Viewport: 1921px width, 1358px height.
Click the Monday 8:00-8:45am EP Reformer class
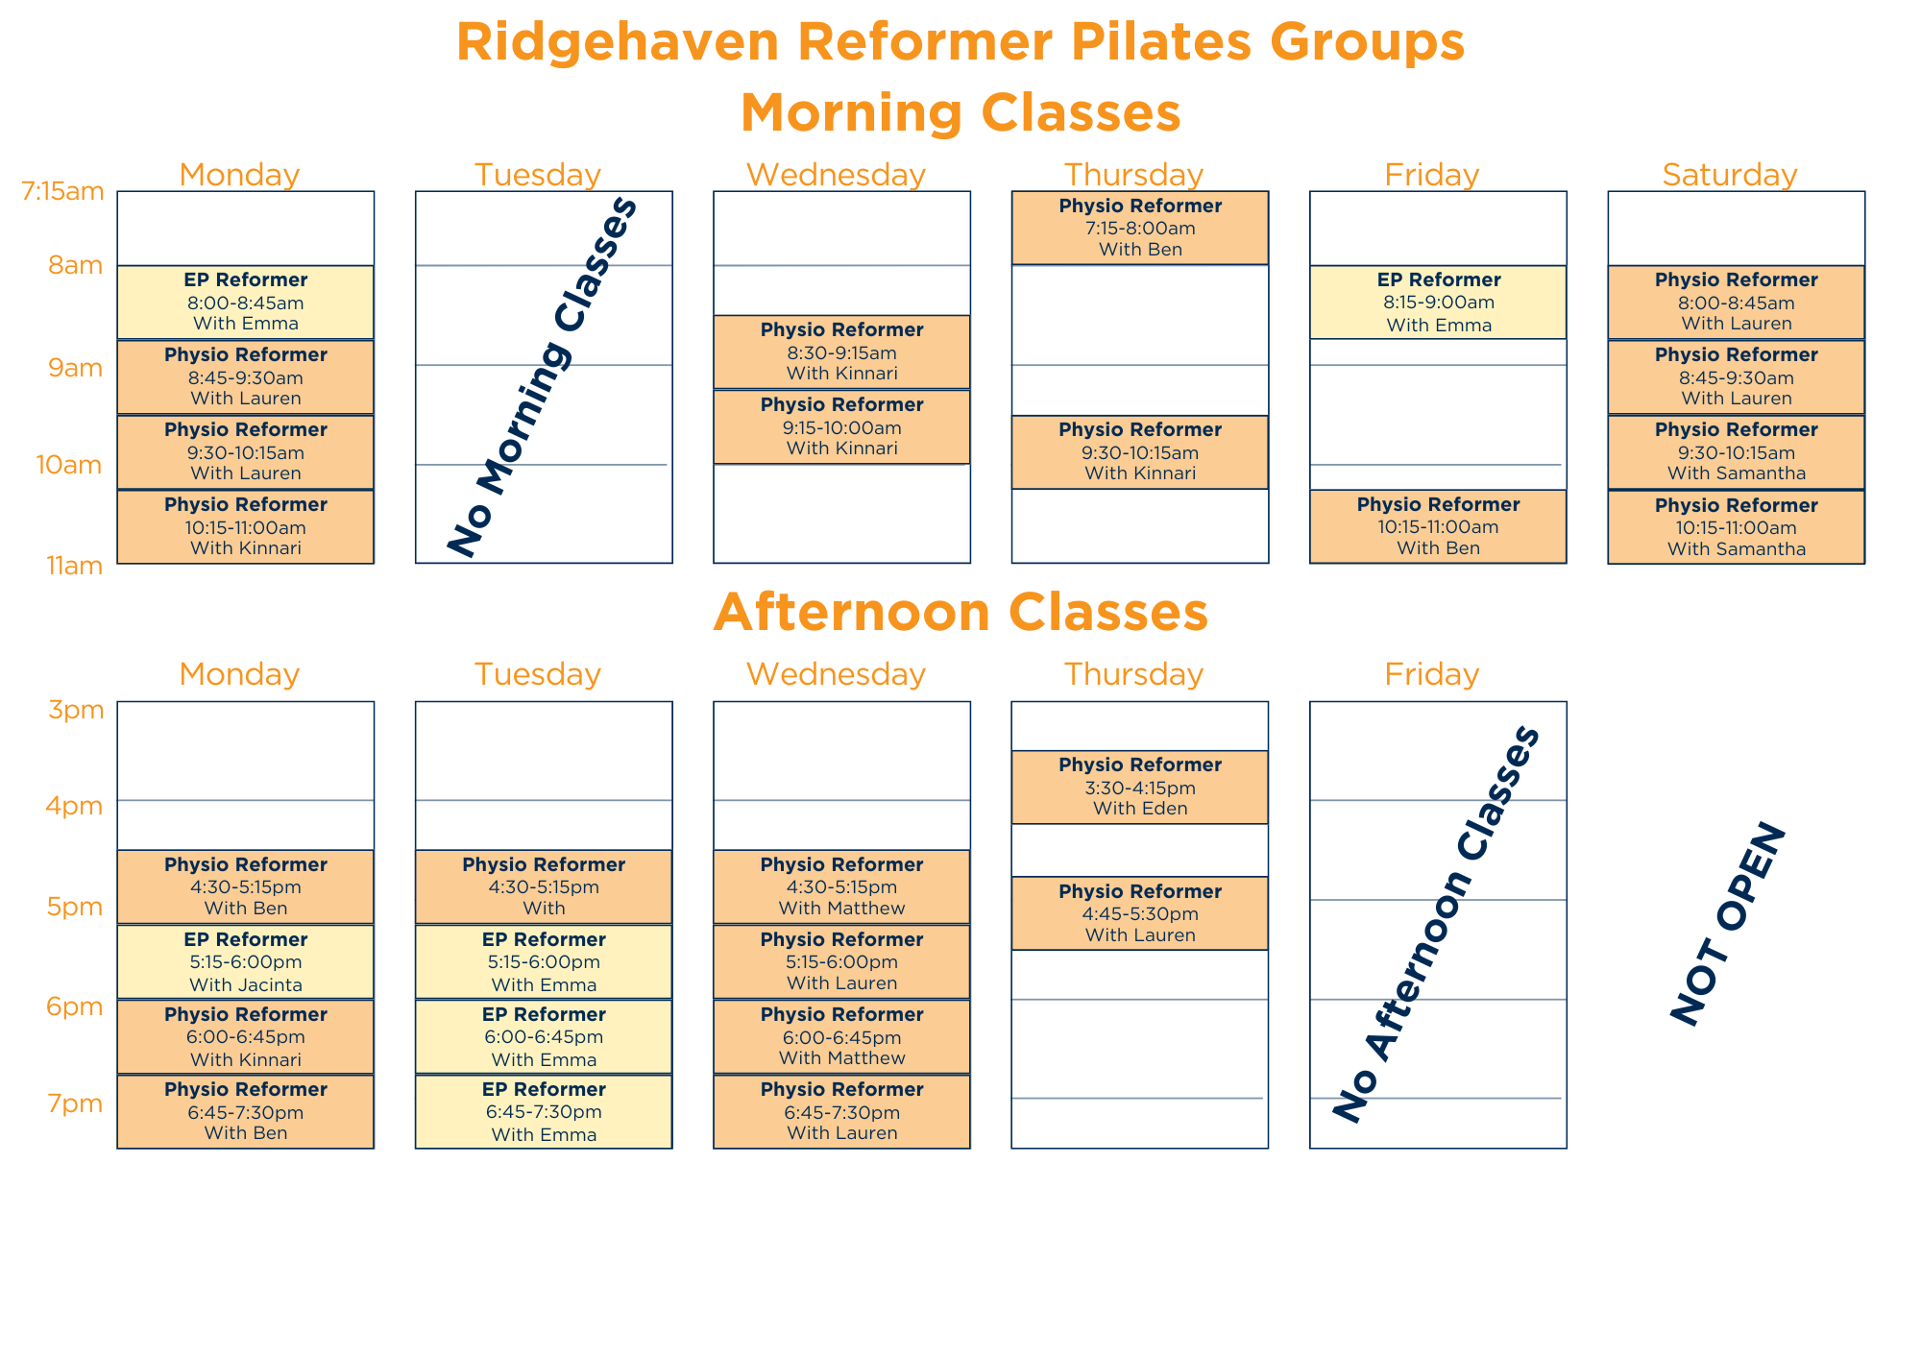246,303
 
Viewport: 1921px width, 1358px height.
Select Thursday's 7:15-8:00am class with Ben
1140,228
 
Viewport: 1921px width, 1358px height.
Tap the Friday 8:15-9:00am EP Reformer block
1438,303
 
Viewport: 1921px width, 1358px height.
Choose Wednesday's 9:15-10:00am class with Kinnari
841,426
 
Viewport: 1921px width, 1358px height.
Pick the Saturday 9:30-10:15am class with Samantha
1736,451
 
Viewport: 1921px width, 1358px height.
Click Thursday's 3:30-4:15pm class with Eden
1140,787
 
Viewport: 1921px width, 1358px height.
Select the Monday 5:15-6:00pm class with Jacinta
246,961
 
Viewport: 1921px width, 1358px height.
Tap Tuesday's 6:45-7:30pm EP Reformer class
544,1111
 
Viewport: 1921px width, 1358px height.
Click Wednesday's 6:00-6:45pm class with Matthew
841,1036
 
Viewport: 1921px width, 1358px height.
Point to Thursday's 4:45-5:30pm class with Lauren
1140,913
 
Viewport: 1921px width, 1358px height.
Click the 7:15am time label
62,191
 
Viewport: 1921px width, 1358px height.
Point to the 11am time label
75,566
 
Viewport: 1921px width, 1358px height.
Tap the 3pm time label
76,711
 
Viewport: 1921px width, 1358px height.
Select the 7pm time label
76,1103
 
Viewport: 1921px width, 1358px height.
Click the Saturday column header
1730,175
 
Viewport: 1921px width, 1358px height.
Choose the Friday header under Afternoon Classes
1431,674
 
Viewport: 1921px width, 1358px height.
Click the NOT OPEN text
1728,924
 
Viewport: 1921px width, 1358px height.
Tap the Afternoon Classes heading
960,612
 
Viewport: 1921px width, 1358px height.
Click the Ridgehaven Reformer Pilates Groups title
960,42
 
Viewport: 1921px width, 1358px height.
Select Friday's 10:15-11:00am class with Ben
1438,526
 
